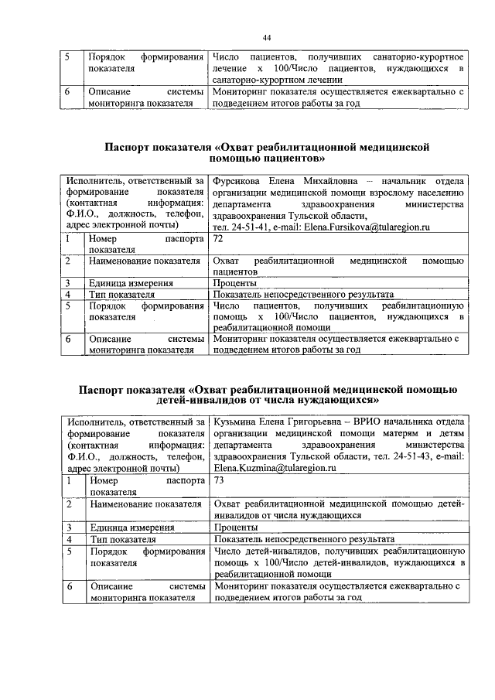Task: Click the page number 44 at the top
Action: pyautogui.click(x=266, y=38)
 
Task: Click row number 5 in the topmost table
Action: pyautogui.click(x=67, y=58)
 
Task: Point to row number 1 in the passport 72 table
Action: pyautogui.click(x=67, y=241)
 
